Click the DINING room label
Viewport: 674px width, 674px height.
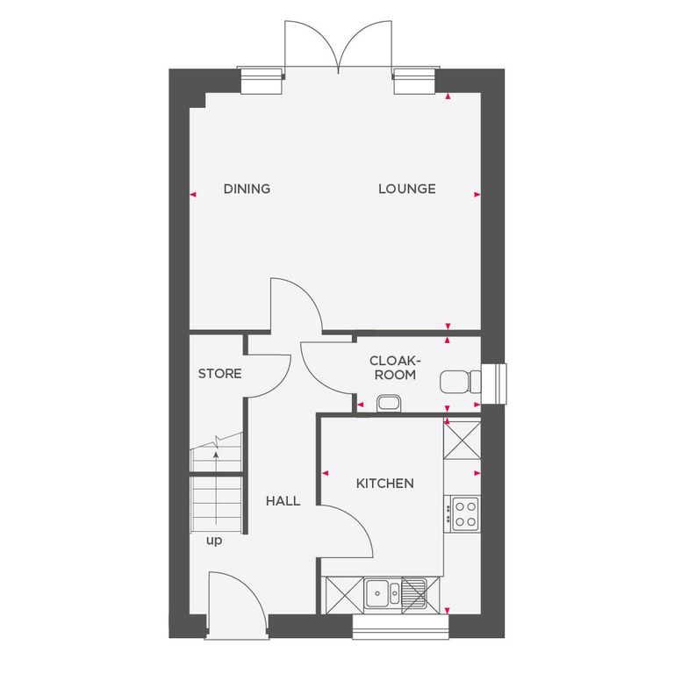247,189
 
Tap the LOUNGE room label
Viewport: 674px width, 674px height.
407,189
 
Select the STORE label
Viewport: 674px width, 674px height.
219,374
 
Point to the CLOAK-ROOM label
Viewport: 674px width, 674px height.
392,368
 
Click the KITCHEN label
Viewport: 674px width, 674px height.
384,484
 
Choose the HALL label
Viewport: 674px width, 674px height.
283,501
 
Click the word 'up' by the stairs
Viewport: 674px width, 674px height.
214,541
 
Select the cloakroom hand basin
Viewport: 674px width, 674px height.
388,403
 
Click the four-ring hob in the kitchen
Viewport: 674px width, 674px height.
462,513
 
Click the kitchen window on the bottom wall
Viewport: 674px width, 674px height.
401,625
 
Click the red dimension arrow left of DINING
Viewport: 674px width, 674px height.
193,194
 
